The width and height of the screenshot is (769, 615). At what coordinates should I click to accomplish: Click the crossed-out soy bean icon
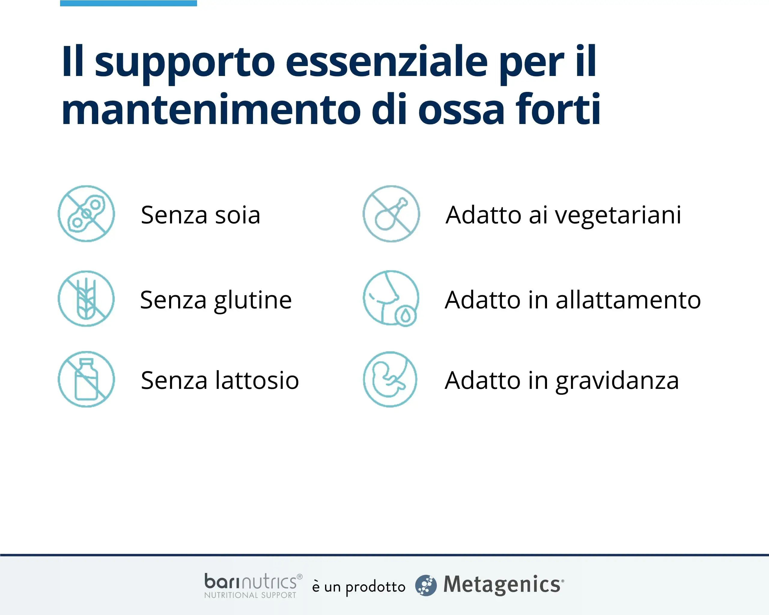point(86,214)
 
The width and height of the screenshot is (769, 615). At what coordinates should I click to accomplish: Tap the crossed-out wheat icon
point(86,299)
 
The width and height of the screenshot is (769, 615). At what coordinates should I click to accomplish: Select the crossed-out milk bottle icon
point(86,379)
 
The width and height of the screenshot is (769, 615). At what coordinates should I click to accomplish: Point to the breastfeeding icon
point(391,298)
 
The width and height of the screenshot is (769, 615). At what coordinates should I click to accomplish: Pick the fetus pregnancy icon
point(390,379)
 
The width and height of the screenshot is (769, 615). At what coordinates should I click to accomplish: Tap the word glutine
point(253,301)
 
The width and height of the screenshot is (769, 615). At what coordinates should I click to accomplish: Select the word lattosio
point(257,380)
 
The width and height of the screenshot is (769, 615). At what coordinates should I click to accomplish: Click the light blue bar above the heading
point(128,3)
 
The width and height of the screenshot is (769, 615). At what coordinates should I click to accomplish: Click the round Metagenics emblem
point(426,585)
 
